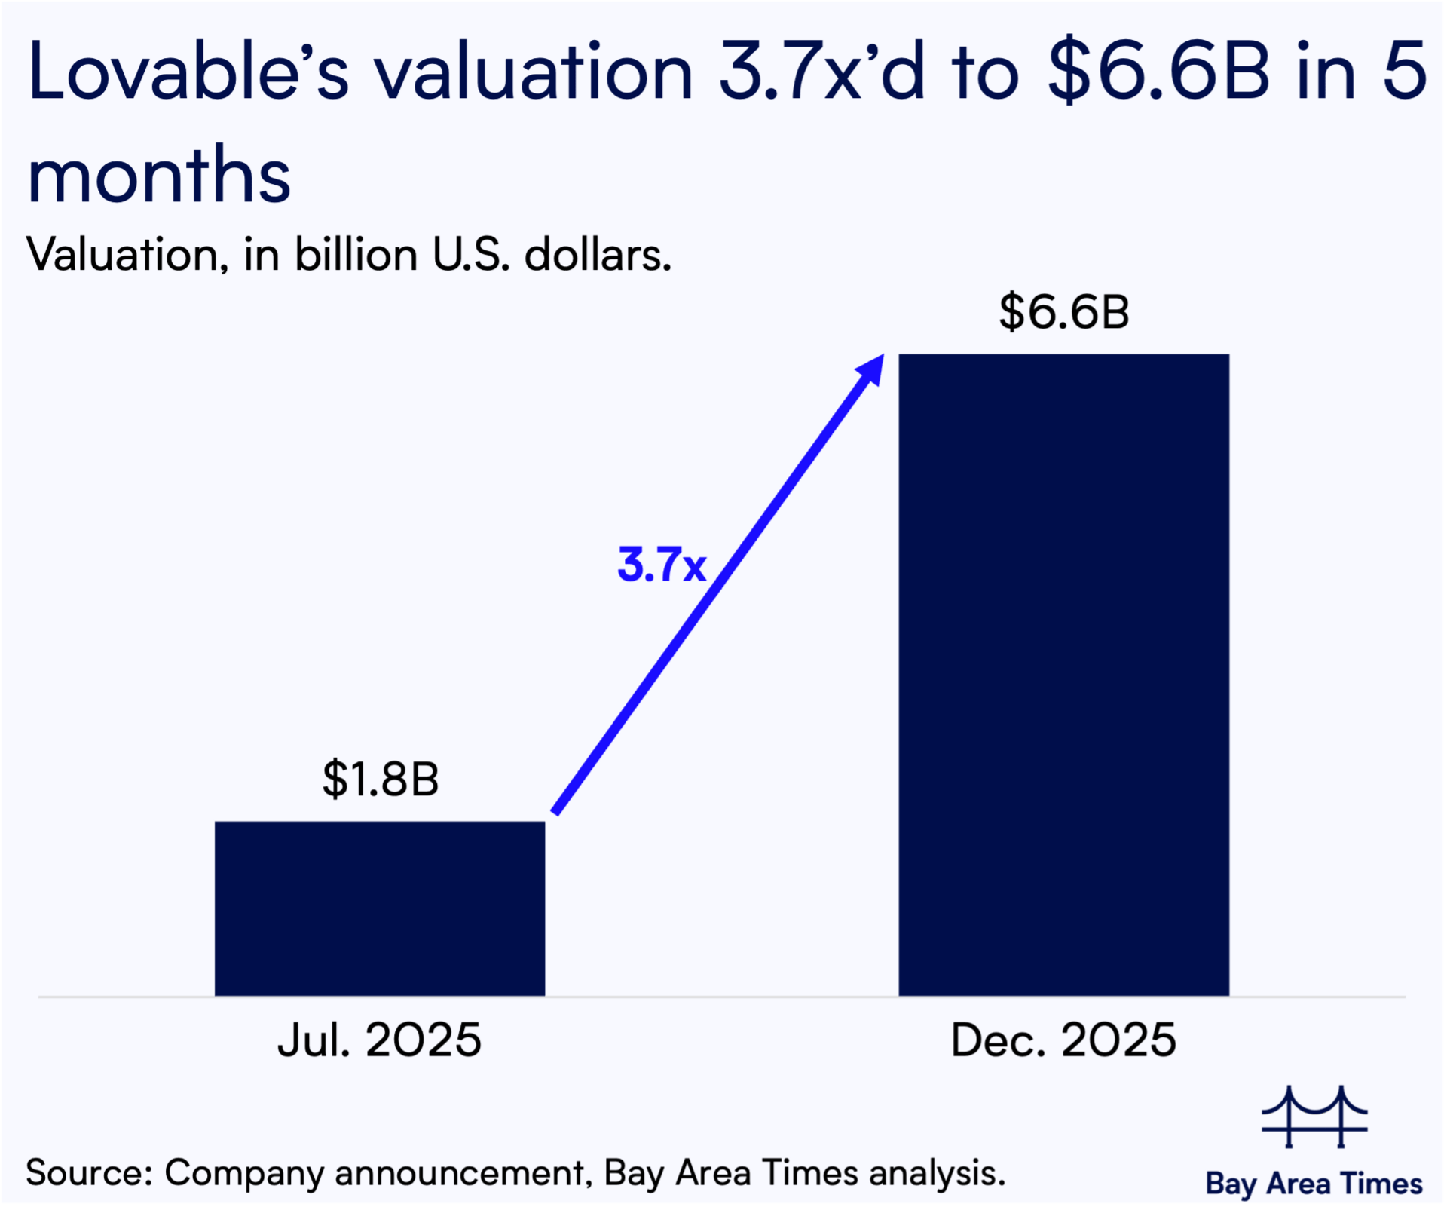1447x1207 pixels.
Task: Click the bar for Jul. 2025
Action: (380, 908)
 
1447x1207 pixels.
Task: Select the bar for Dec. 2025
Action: (1063, 675)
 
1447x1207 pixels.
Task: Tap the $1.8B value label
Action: (381, 779)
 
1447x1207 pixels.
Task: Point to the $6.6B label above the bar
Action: (1064, 312)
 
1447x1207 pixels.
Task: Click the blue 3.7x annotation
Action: (661, 565)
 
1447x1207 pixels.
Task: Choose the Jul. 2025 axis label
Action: (379, 1040)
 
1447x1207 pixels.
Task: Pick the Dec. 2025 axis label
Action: (1063, 1040)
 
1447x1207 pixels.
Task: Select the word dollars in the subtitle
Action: (597, 255)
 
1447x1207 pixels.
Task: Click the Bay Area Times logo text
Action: (1314, 1183)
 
